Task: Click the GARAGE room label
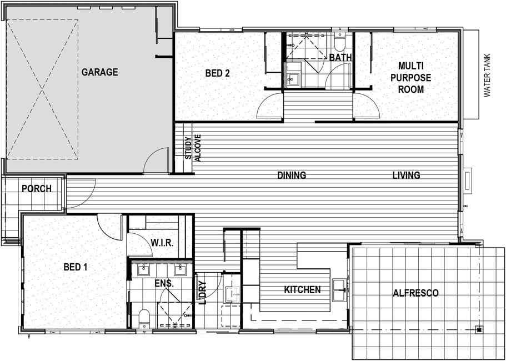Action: (x=99, y=72)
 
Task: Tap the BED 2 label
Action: (x=218, y=73)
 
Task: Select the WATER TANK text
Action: (x=487, y=75)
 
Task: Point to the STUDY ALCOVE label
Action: (x=193, y=148)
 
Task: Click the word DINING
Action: (x=292, y=176)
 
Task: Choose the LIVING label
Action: (x=406, y=176)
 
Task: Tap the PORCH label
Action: (x=37, y=189)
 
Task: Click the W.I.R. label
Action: (x=162, y=243)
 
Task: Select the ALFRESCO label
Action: (x=415, y=293)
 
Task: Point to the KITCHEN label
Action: (x=302, y=290)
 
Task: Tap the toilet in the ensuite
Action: (x=144, y=319)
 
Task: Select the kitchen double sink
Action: (x=339, y=290)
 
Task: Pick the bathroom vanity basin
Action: (x=293, y=79)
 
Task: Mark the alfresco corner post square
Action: (x=479, y=330)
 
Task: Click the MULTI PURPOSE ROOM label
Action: (x=415, y=78)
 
